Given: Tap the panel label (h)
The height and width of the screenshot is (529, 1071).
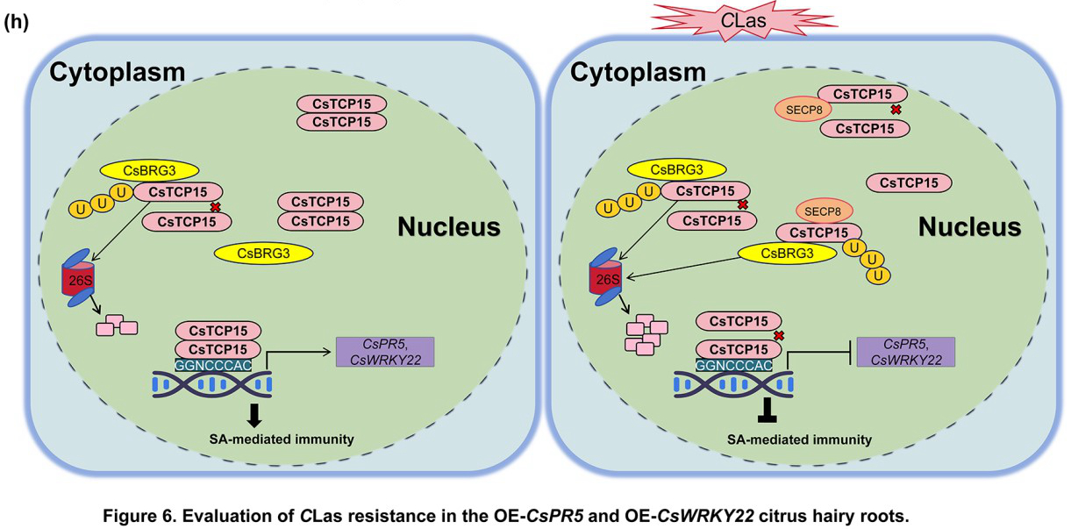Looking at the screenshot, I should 18,23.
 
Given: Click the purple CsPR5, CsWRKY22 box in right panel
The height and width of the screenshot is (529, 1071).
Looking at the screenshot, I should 906,351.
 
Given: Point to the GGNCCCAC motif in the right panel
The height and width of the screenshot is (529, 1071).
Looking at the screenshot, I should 735,364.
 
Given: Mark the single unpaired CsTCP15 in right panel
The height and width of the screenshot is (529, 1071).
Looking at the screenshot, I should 909,182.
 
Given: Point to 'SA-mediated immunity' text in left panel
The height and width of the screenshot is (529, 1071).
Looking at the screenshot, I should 209,439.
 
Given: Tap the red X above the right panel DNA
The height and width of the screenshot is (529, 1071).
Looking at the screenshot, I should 779,335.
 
